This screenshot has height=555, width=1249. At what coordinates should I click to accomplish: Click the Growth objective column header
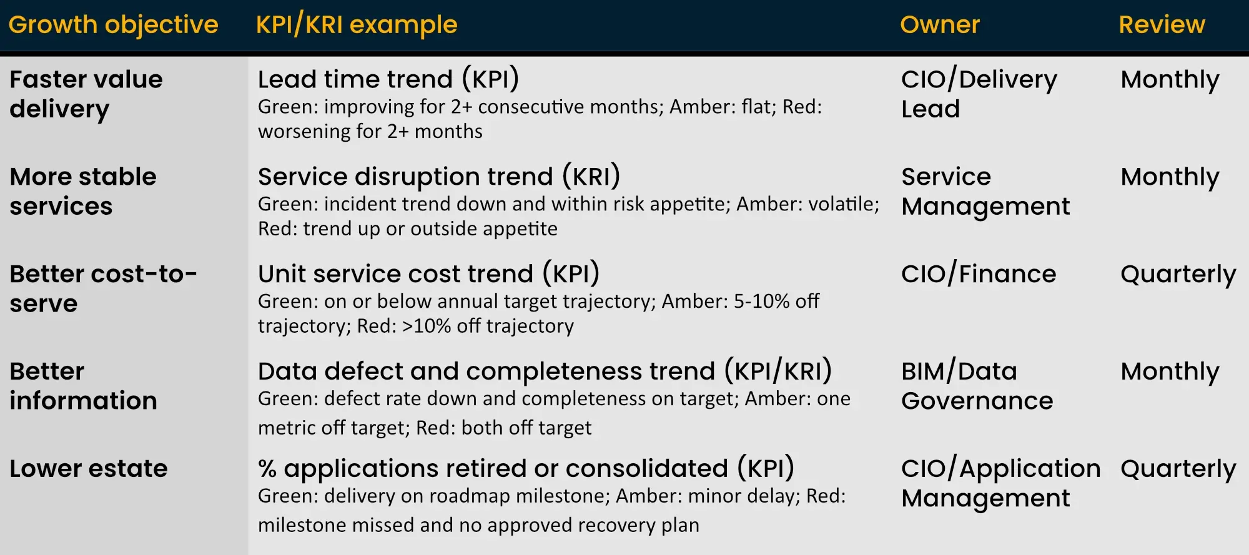(113, 25)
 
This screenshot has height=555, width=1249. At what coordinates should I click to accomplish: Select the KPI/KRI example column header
(357, 25)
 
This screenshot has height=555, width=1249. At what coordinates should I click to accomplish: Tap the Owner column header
(939, 25)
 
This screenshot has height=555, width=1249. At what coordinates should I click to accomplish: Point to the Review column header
(1162, 25)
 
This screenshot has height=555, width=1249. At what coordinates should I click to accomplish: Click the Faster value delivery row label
(86, 94)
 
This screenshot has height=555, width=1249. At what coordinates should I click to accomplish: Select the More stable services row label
(82, 191)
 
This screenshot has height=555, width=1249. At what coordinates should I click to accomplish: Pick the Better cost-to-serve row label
(103, 288)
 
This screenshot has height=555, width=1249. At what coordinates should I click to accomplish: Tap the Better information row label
(82, 386)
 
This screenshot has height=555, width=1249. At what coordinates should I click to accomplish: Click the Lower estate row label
(88, 468)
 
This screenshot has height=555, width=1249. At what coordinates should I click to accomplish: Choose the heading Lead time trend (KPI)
(388, 79)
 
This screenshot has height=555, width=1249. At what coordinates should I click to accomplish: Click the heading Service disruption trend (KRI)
(438, 177)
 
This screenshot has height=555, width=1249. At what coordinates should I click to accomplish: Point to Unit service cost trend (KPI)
(428, 274)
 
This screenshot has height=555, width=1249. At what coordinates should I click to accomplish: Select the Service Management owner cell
(985, 191)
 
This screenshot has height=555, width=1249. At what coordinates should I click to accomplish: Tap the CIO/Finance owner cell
(978, 274)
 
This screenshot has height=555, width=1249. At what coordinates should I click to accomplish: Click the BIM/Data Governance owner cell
(977, 386)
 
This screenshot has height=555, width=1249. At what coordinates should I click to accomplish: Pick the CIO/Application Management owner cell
(1000, 483)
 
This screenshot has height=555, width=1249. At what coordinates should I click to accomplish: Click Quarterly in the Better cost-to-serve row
(1178, 274)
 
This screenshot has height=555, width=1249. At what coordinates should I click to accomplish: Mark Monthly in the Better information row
(1170, 371)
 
